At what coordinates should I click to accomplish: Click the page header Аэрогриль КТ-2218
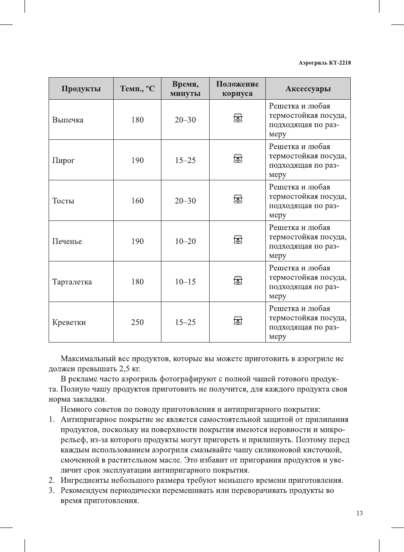(324, 63)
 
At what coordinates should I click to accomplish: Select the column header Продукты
(81, 89)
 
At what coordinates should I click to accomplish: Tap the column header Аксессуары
(308, 89)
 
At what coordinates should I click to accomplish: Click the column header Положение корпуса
(237, 89)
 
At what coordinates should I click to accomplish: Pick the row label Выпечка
(68, 120)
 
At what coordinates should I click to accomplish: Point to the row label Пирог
(63, 160)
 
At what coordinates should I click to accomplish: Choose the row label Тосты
(63, 201)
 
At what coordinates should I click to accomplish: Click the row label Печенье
(67, 242)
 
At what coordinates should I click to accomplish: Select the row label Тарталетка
(72, 282)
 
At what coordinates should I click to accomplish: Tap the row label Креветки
(69, 323)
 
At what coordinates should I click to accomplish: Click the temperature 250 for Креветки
(137, 323)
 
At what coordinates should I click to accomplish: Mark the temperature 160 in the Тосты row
(137, 201)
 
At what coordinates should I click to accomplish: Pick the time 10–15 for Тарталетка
(185, 282)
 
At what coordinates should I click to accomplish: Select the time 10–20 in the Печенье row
(185, 242)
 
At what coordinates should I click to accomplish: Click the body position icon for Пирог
(238, 159)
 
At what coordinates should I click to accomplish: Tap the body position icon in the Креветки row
(238, 321)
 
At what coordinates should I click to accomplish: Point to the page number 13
(359, 514)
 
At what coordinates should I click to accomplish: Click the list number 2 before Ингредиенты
(52, 481)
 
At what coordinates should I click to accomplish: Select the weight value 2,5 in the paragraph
(124, 369)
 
